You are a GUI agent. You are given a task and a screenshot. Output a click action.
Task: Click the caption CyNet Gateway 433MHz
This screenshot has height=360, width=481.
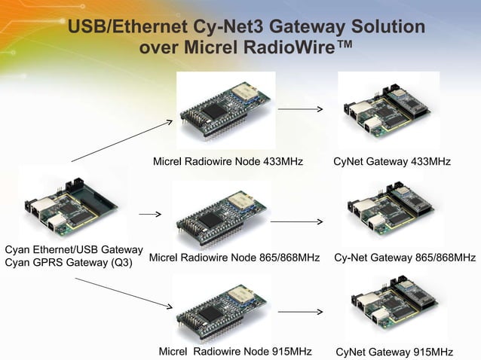[x=392, y=162]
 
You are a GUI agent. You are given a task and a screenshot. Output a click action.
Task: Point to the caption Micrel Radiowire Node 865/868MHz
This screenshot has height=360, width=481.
[x=234, y=258]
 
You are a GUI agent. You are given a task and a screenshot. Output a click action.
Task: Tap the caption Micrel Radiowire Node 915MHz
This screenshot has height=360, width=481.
[x=235, y=352]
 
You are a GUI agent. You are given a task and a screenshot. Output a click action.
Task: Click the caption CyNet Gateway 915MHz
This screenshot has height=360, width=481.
[x=394, y=352]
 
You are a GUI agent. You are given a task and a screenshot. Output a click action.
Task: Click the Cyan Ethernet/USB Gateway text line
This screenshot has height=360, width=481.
[x=74, y=249]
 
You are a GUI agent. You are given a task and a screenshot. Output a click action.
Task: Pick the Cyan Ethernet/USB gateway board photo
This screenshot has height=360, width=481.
[x=72, y=203]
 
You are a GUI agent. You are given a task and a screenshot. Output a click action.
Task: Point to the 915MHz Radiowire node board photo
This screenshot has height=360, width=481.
[x=221, y=309]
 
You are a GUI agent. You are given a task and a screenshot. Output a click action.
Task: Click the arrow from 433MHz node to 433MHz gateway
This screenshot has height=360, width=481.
[x=300, y=110]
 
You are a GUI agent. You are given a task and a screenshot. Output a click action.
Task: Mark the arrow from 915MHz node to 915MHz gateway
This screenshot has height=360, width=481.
[x=300, y=311]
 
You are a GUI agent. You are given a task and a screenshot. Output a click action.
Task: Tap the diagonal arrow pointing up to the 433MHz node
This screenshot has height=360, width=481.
[x=121, y=141]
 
